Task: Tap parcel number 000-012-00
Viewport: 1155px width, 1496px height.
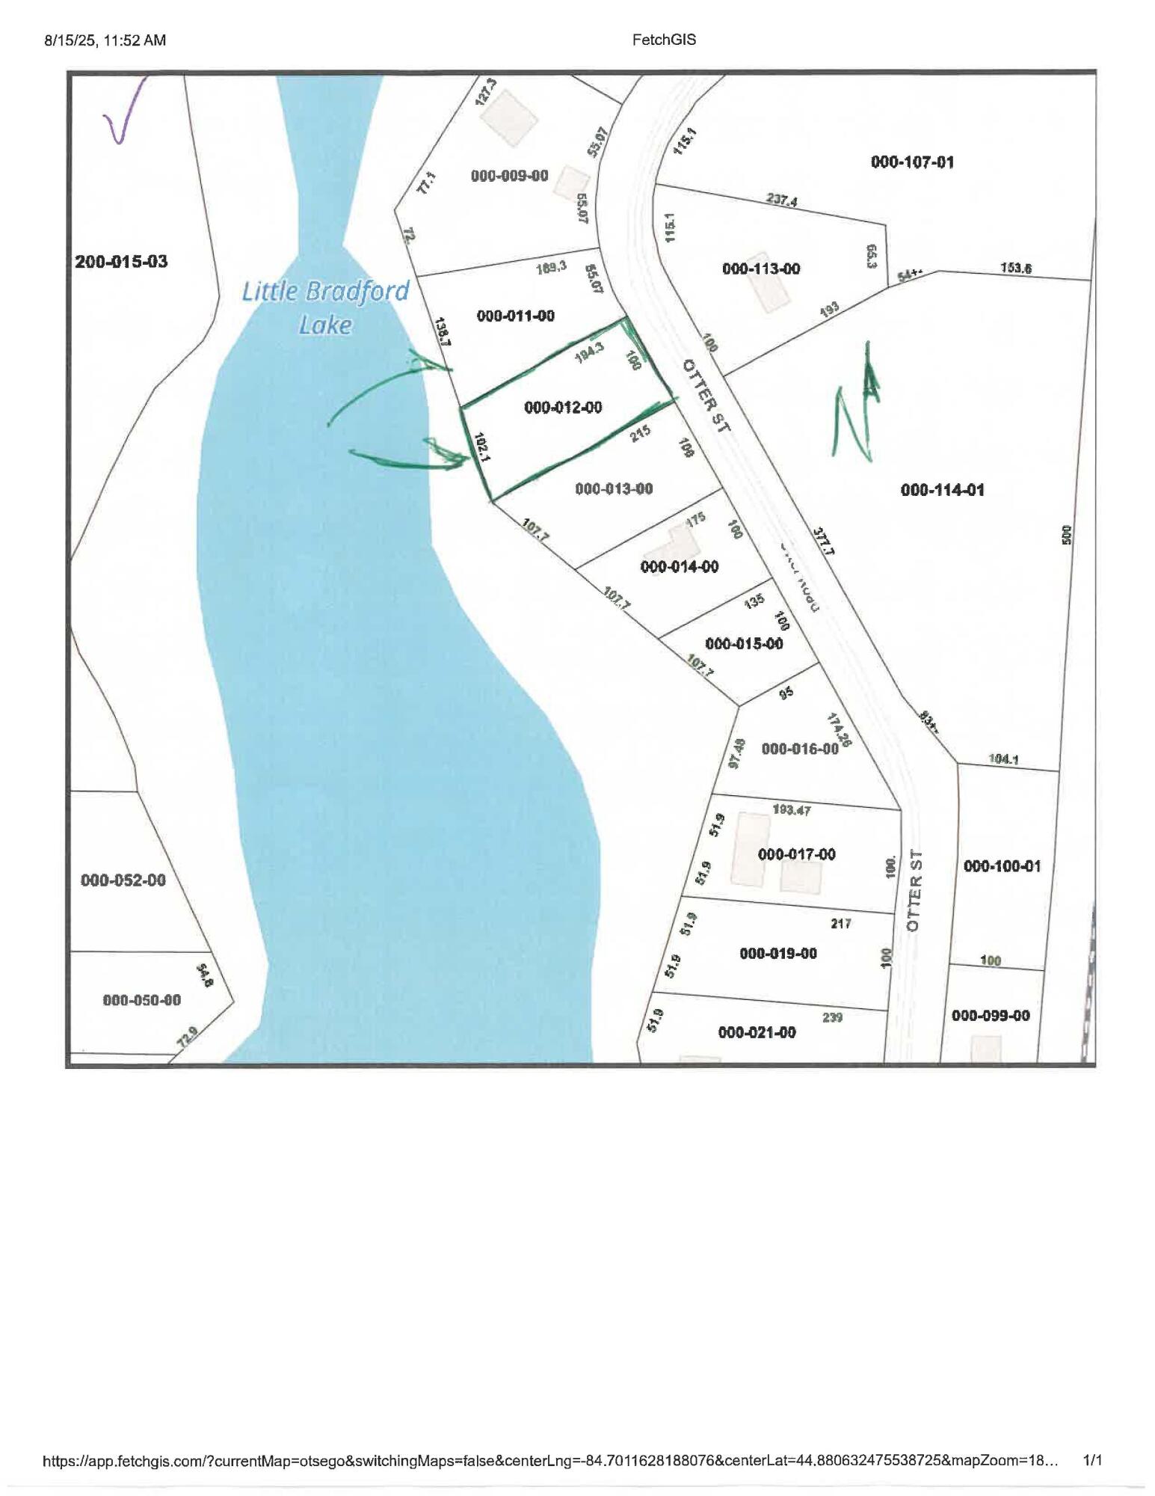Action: (563, 408)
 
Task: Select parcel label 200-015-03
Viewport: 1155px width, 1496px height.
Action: (121, 262)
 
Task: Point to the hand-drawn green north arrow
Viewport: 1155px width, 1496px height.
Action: (857, 404)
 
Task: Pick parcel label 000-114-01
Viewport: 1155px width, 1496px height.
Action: (942, 490)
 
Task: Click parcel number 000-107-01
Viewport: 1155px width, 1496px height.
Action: (912, 162)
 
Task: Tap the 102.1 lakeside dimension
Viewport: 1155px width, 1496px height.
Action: (481, 448)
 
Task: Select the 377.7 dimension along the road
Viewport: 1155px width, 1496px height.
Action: (823, 540)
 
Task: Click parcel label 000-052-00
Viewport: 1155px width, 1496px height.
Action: (123, 880)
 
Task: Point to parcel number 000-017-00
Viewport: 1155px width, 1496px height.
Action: (797, 854)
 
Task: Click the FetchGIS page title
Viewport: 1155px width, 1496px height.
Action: (664, 40)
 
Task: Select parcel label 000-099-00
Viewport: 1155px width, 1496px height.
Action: (991, 1015)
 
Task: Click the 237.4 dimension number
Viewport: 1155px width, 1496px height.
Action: (781, 200)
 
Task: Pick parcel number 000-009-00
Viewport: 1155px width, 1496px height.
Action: (509, 176)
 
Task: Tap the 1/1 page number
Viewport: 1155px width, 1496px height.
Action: (1092, 1459)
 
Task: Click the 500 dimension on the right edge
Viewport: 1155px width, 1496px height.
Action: (1067, 535)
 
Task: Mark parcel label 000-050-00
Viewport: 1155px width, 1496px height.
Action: (141, 1000)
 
